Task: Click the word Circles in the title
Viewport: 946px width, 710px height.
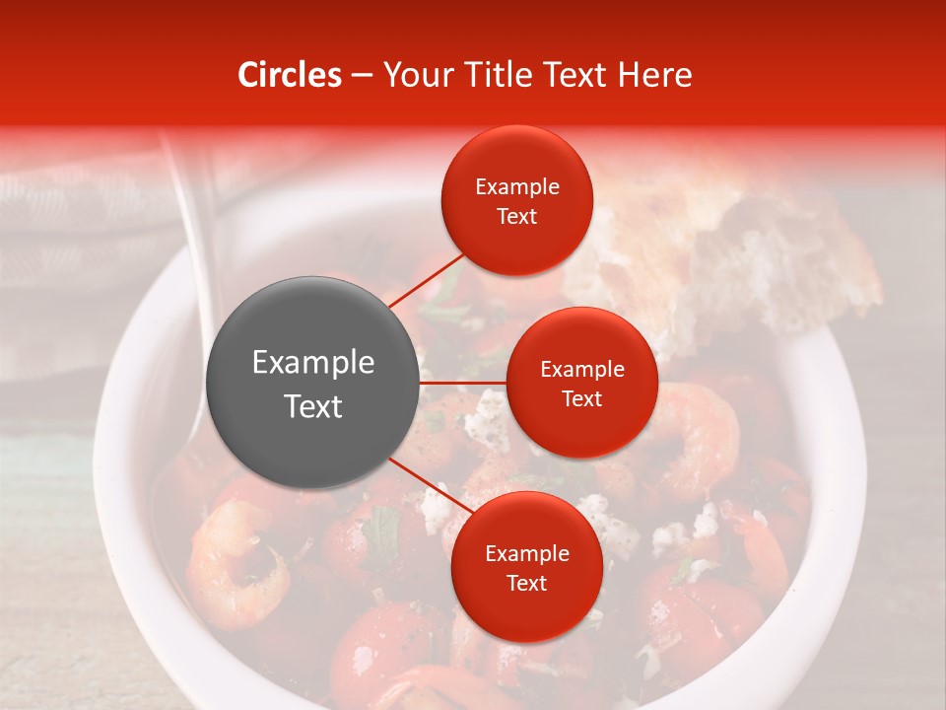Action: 290,75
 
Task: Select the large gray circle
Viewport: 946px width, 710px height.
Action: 313,383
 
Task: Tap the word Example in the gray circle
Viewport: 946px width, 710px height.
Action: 313,363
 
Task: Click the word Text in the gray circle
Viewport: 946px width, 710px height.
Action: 313,406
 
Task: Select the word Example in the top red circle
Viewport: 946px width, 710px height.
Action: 516,187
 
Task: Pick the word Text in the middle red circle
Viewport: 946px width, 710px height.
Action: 581,399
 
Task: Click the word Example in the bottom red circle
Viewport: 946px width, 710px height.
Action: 526,554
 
